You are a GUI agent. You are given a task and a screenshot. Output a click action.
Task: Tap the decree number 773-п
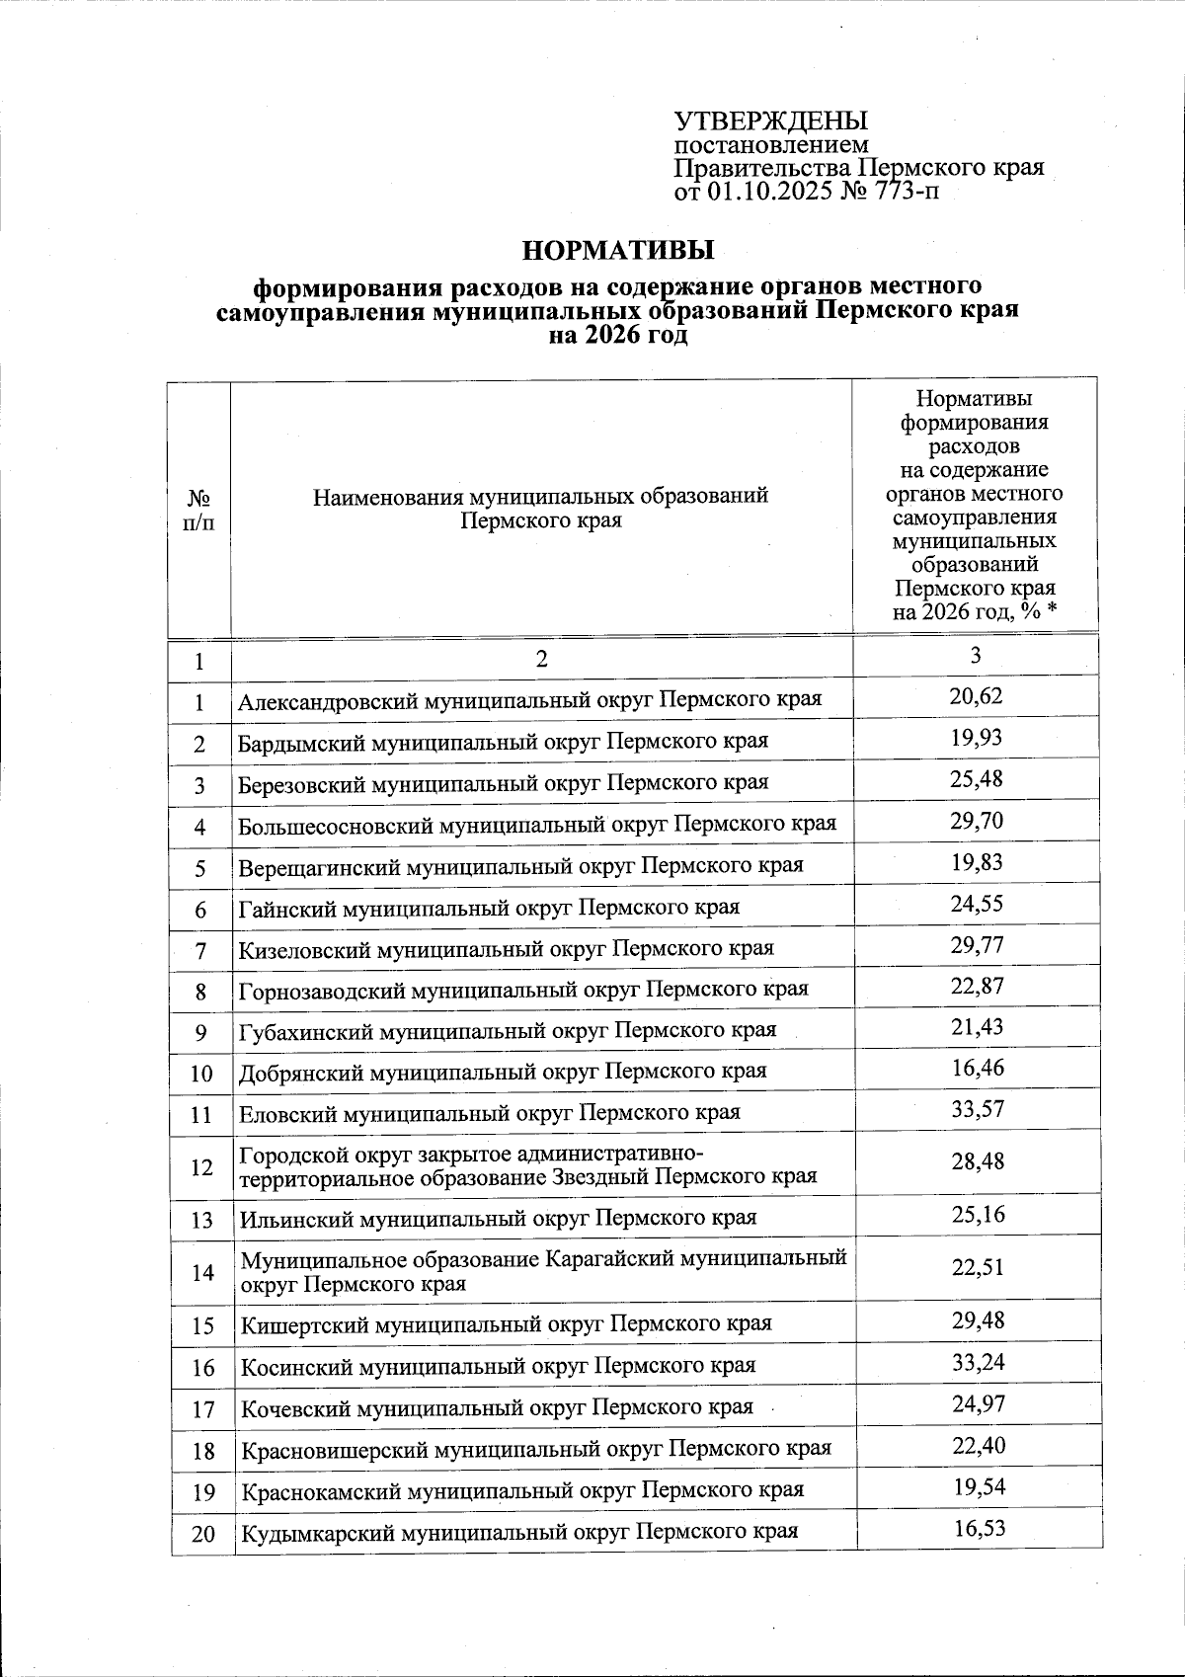pyautogui.click(x=901, y=192)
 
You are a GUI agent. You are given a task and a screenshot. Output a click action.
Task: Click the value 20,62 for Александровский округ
pyautogui.click(x=976, y=696)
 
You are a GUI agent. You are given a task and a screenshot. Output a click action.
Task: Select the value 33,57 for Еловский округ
pyautogui.click(x=977, y=1109)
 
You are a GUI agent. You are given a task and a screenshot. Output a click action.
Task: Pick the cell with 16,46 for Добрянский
pyautogui.click(x=977, y=1068)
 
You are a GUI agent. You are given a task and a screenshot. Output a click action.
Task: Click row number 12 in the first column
pyautogui.click(x=201, y=1167)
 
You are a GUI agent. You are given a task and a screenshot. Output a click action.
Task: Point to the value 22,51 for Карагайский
pyautogui.click(x=978, y=1268)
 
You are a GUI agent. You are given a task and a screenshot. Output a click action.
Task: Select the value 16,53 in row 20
pyautogui.click(x=979, y=1529)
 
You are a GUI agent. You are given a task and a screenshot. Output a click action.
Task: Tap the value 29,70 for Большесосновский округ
pyautogui.click(x=976, y=821)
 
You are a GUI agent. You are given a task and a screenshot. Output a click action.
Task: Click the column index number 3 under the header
pyautogui.click(x=975, y=656)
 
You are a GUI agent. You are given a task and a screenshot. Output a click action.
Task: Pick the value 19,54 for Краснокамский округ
pyautogui.click(x=979, y=1487)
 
